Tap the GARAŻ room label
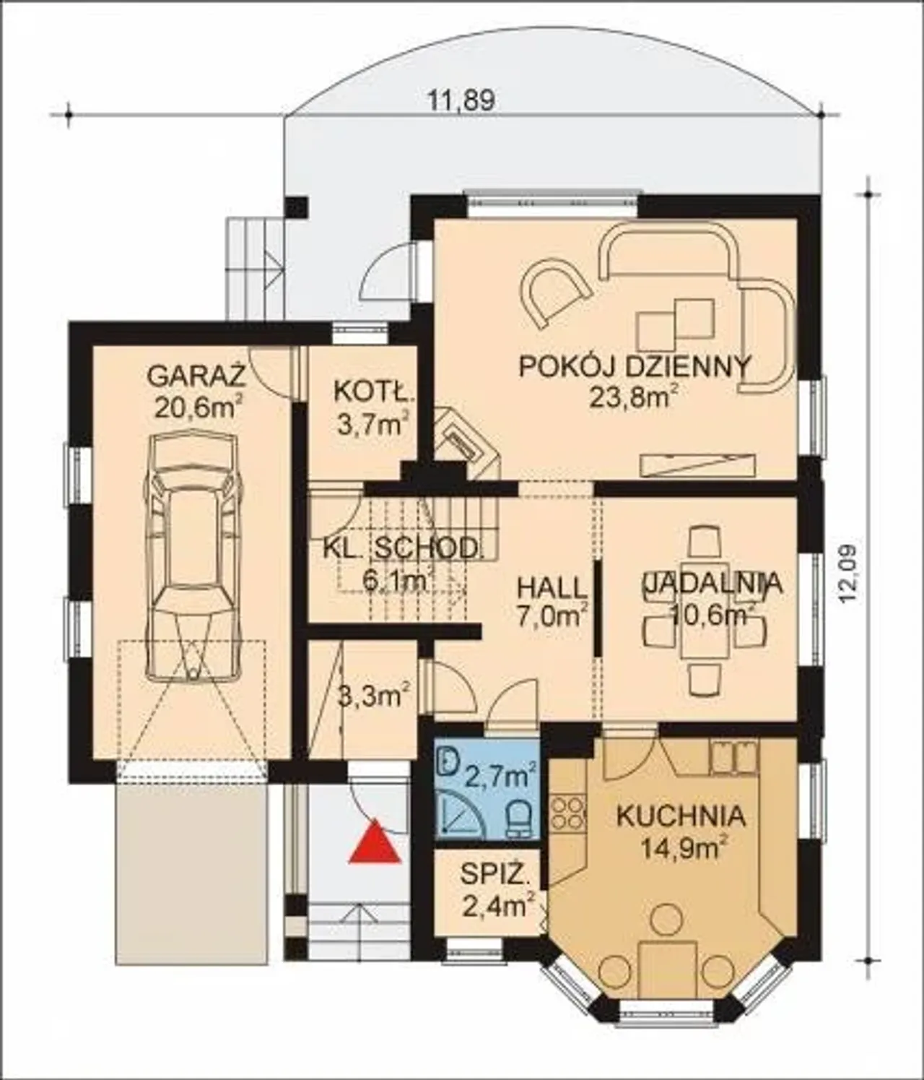pyautogui.click(x=197, y=376)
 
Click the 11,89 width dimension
pyautogui.click(x=461, y=101)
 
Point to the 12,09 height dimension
pyautogui.click(x=850, y=575)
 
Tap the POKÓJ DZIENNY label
pyautogui.click(x=635, y=366)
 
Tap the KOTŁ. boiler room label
pyautogui.click(x=372, y=392)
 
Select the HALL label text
pyautogui.click(x=549, y=589)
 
